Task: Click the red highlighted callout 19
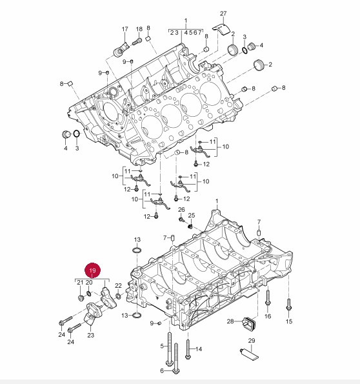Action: coord(92,270)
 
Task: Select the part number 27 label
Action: coord(223,14)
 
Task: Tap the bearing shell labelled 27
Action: coord(221,29)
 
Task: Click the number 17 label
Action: coord(125,29)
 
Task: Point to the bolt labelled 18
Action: coord(137,42)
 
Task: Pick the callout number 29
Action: coord(252,340)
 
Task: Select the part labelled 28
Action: coord(249,323)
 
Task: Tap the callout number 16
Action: coord(268,316)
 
